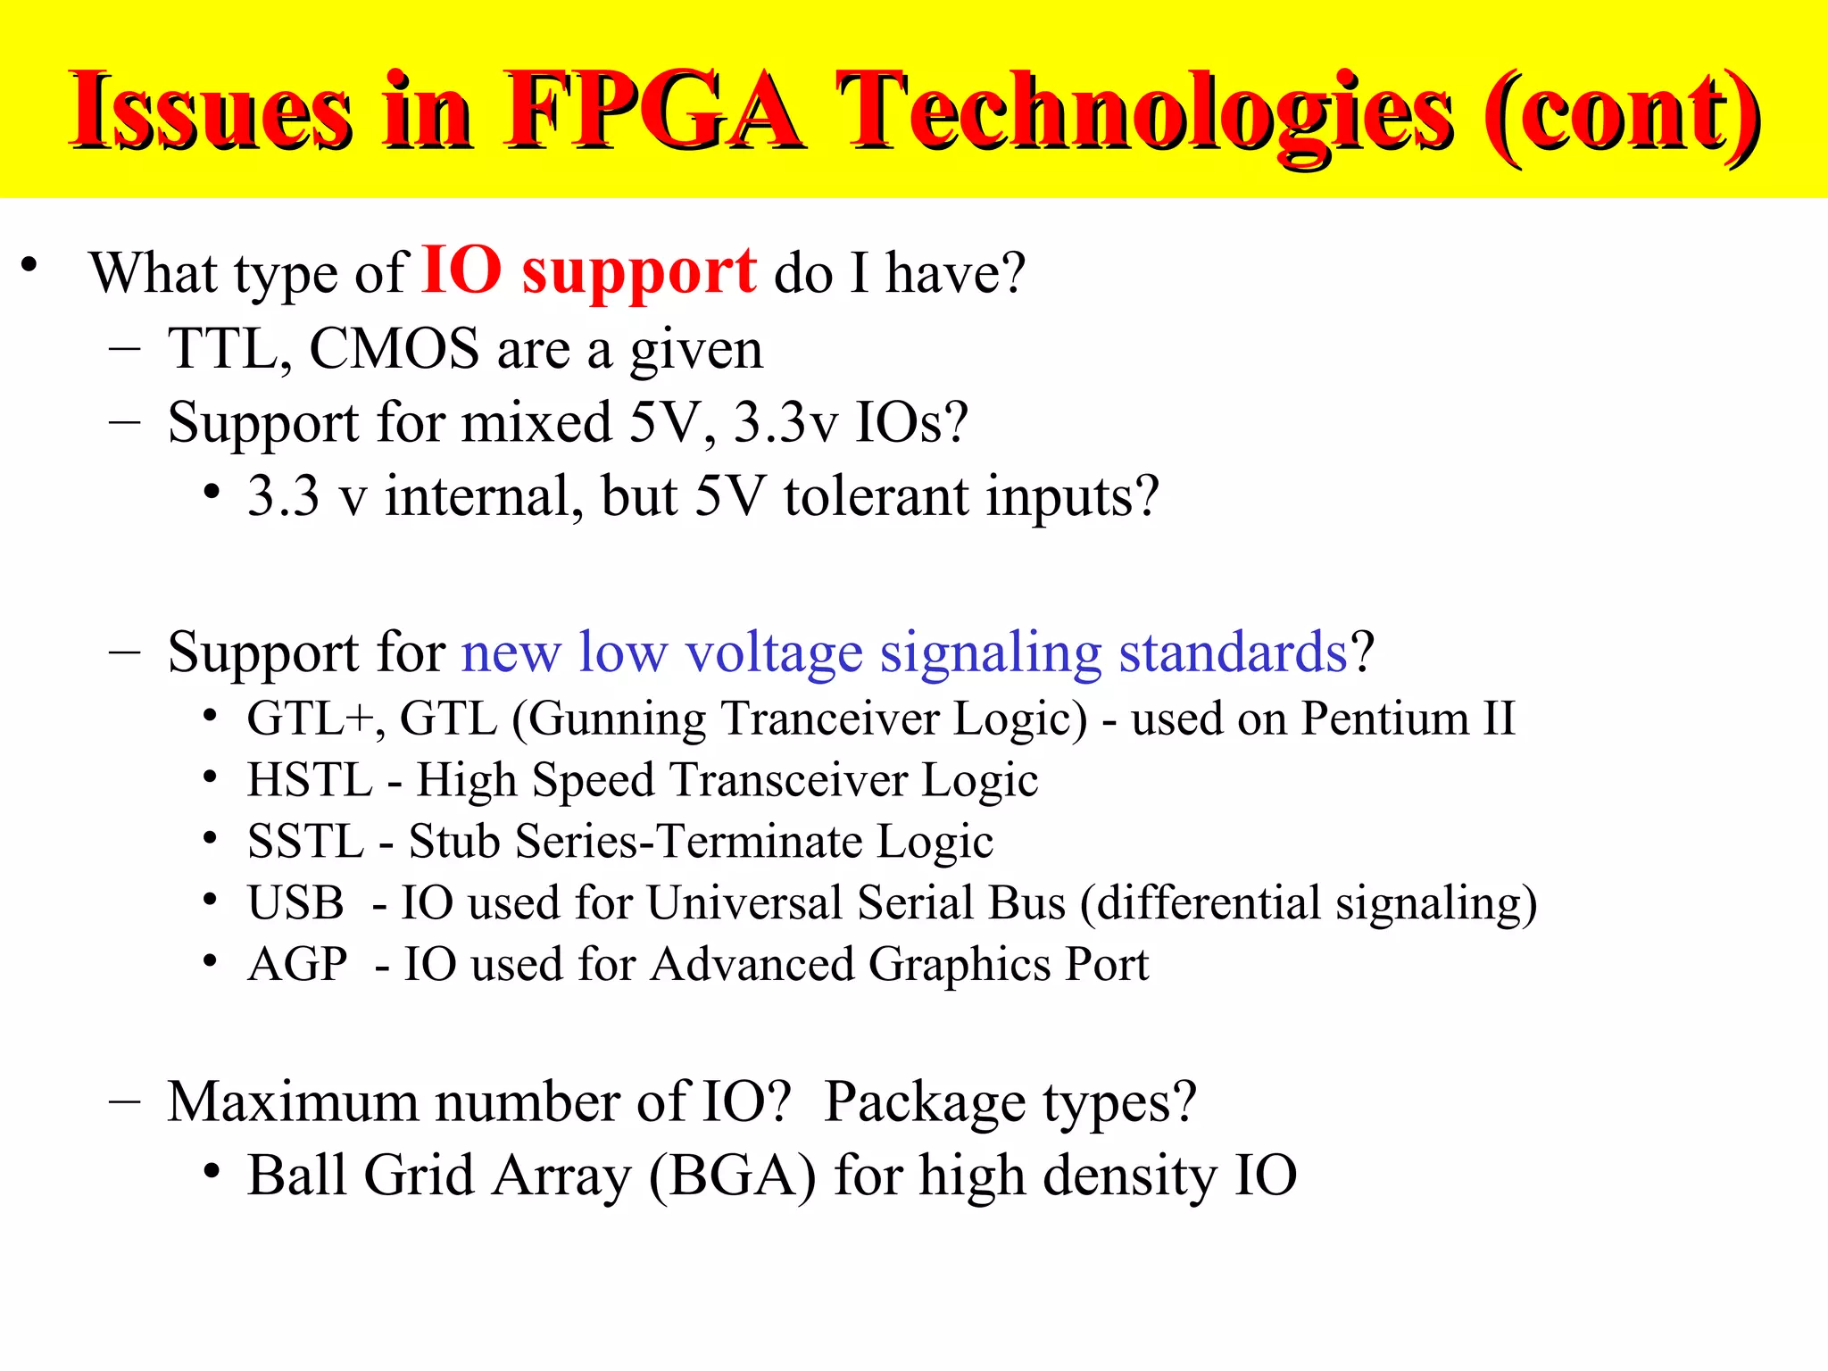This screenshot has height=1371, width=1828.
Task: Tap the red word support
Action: (x=639, y=271)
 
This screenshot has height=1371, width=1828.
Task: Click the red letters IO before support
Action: (x=461, y=270)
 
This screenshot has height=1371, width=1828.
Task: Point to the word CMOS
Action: (x=394, y=348)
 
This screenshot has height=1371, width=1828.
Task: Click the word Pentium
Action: (x=1384, y=719)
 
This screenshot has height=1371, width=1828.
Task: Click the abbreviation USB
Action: (x=295, y=902)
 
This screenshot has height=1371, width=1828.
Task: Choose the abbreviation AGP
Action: (x=298, y=964)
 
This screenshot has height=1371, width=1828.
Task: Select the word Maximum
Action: (x=293, y=1101)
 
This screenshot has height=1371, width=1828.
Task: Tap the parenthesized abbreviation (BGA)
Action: (x=732, y=1176)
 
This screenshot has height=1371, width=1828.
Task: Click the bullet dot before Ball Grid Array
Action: (x=212, y=1171)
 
